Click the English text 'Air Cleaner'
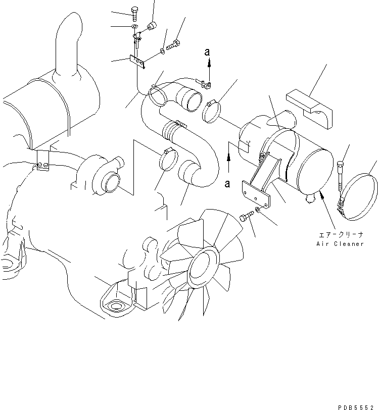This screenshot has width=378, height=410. [340, 244]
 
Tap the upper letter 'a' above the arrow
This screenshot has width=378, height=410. [207, 52]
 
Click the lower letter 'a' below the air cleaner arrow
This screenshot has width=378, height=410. [228, 183]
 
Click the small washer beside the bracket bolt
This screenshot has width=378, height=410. [258, 210]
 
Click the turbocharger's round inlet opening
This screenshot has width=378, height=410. [111, 183]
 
